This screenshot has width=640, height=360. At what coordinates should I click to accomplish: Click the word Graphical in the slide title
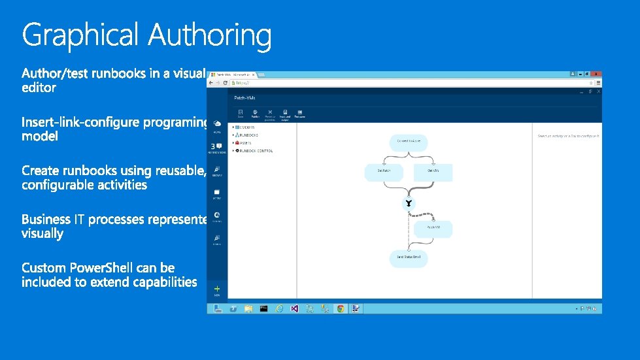click(x=80, y=35)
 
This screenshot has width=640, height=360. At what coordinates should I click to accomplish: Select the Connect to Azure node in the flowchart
click(x=408, y=141)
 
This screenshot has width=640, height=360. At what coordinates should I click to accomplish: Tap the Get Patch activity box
click(x=384, y=171)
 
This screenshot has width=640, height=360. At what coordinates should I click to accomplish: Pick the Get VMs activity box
click(x=433, y=171)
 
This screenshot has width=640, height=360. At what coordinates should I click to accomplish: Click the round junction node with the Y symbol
click(x=409, y=204)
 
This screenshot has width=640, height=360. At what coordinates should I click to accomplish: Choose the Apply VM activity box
click(x=433, y=228)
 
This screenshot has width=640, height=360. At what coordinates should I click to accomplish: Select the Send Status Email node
click(x=409, y=257)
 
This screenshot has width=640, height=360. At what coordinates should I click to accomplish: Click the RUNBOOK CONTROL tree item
click(x=256, y=151)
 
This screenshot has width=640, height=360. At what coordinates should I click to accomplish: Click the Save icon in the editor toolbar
click(x=241, y=114)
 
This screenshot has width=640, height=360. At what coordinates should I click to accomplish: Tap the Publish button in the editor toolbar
click(x=255, y=114)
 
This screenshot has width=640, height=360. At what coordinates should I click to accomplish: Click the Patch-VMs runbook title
click(x=244, y=97)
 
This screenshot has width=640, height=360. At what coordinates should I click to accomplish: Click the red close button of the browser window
click(x=596, y=74)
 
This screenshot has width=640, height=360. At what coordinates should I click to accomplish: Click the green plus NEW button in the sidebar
click(x=217, y=289)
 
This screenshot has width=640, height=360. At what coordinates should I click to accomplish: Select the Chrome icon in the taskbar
click(x=340, y=308)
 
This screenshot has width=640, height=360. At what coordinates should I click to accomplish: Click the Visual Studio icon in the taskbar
click(x=295, y=308)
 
